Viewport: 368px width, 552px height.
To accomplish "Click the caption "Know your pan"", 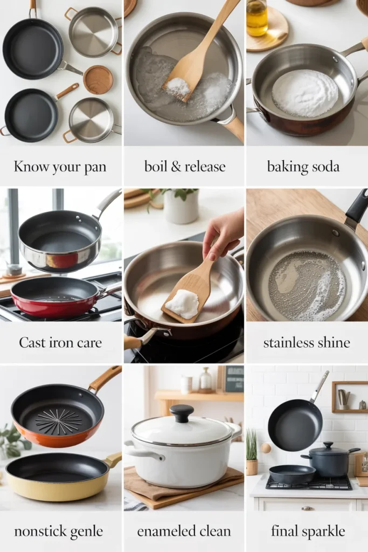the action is coord(60,167).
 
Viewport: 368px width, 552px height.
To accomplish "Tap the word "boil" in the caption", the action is coord(156,166).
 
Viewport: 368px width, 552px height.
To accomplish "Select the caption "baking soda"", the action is coord(303,167).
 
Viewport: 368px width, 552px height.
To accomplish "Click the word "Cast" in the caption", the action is coord(31,342).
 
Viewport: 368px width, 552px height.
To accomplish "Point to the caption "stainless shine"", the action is coord(307,342).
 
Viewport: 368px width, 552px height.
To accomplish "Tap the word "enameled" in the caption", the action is coord(162,531).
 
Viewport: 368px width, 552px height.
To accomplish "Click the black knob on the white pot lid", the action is coord(182,413).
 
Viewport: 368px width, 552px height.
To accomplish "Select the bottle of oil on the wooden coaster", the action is coord(256,18).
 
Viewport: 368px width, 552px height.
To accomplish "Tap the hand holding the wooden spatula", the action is coord(224,233).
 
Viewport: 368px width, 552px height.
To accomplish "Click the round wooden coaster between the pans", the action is coord(98,80).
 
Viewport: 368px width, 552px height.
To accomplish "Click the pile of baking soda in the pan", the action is coord(305,93).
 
